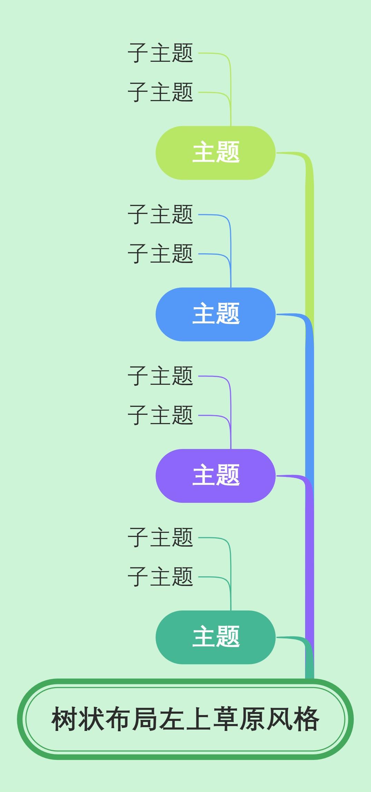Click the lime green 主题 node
point(215,153)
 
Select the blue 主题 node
point(215,314)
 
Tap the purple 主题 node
point(215,476)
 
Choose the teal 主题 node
point(215,637)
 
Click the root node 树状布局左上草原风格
point(185,720)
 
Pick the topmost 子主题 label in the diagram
point(160,53)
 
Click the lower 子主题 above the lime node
point(160,92)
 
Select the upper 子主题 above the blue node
point(160,215)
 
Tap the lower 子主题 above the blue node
point(160,254)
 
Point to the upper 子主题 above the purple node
point(160,376)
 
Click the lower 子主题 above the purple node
point(160,415)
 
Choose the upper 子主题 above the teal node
point(160,538)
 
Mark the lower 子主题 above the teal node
point(160,577)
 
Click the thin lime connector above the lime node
point(231,110)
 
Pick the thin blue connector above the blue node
point(231,273)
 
